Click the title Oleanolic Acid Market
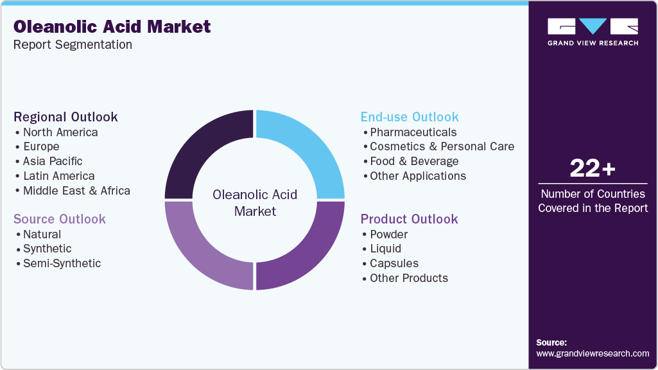(x=112, y=26)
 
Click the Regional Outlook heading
(x=65, y=117)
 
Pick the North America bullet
(x=60, y=132)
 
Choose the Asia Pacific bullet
(x=53, y=161)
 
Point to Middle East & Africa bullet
(x=76, y=191)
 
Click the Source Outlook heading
(x=60, y=219)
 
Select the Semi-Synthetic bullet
(x=62, y=263)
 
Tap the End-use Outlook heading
(x=410, y=117)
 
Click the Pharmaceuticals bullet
(x=413, y=132)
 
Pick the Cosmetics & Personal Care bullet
(x=442, y=146)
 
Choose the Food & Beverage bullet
(x=414, y=161)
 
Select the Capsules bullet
(x=394, y=263)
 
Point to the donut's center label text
(x=255, y=202)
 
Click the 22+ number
(x=593, y=168)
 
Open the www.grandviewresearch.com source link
(x=593, y=353)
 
